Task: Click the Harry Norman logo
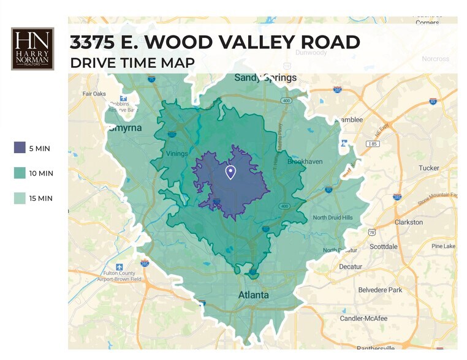[32, 48]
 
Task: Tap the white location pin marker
[231, 172]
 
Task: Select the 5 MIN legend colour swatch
[20, 148]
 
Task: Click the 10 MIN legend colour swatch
[20, 173]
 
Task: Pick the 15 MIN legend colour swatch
[20, 198]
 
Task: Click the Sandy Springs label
[265, 78]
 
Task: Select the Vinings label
[177, 154]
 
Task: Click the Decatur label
[351, 267]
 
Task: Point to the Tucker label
[429, 168]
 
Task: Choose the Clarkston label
[409, 222]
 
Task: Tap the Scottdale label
[384, 246]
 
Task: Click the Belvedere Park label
[379, 290]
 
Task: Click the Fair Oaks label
[94, 94]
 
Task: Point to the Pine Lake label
[443, 246]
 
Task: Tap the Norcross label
[436, 59]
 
